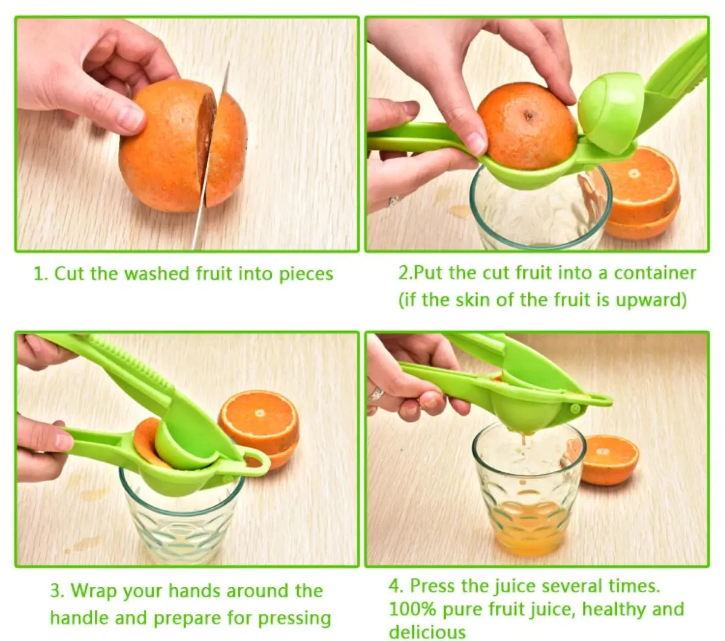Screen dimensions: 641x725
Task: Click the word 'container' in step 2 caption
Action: point(655,273)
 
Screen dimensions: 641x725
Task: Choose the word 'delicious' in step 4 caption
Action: point(427,632)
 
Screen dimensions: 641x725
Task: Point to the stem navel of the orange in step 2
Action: point(529,115)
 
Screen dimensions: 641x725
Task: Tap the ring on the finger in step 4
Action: point(376,395)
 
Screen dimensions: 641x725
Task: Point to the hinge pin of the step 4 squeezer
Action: point(575,409)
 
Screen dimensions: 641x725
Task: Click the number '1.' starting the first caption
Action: point(40,274)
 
